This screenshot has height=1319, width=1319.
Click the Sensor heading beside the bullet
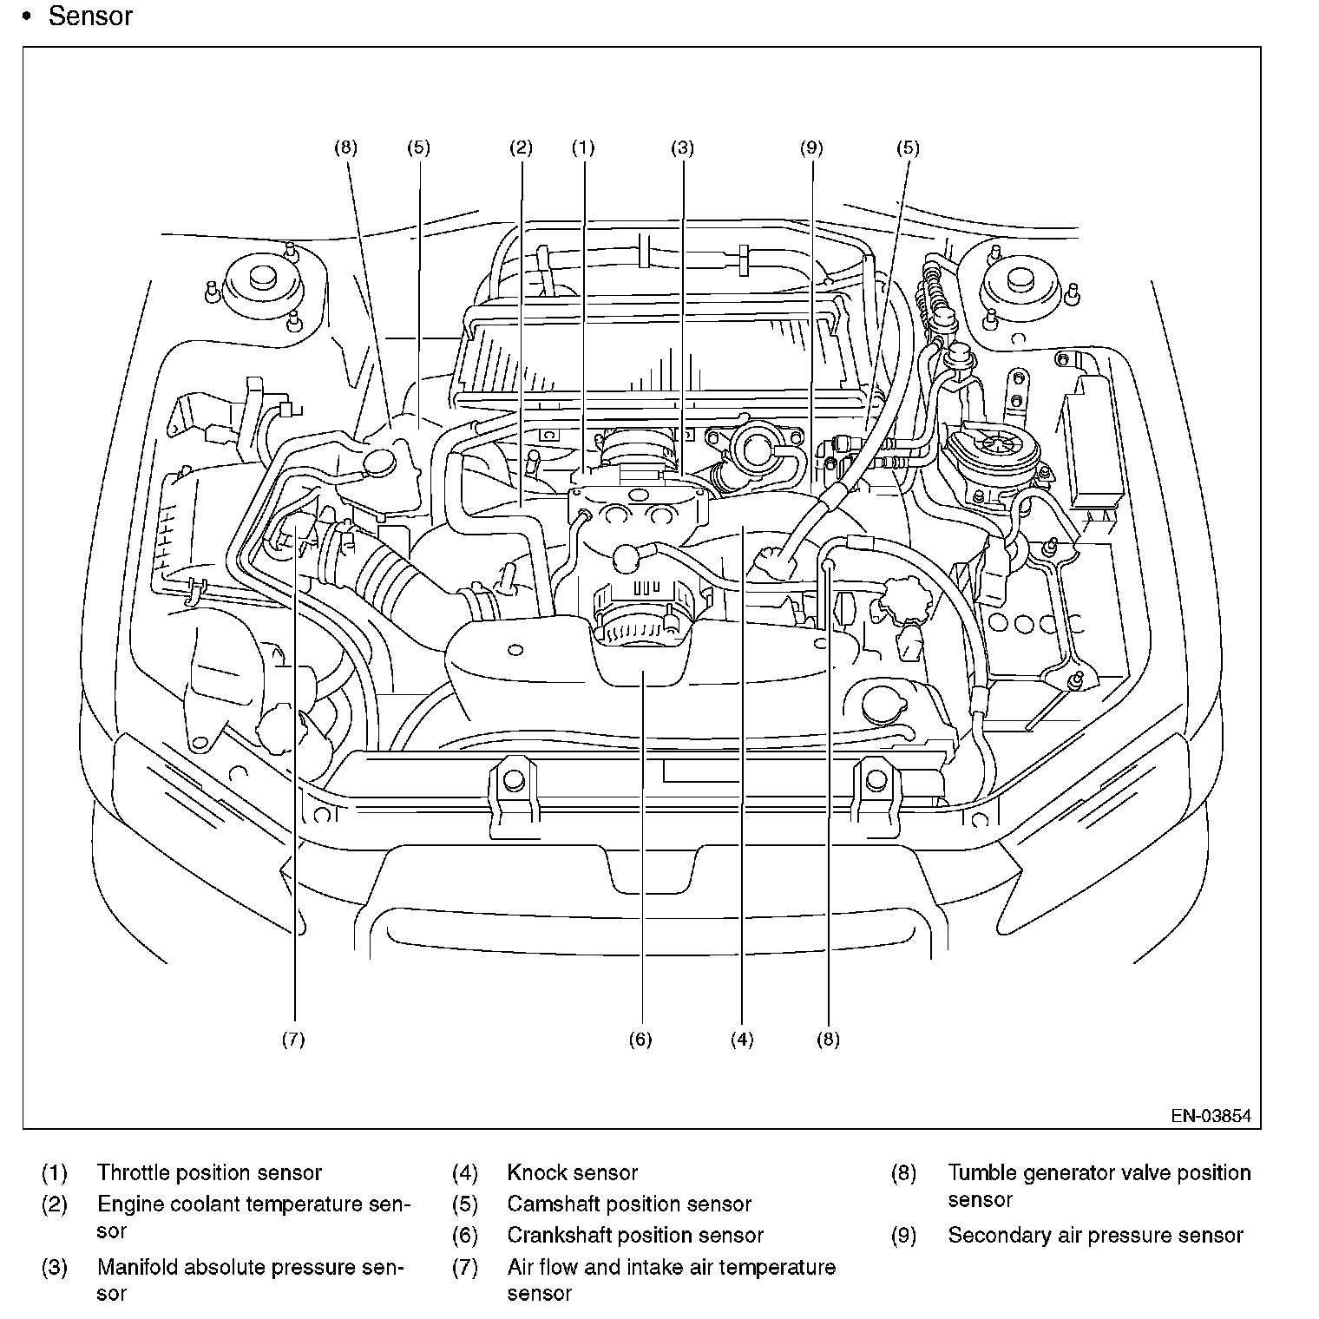click(x=90, y=16)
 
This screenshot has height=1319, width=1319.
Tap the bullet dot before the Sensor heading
click(x=26, y=16)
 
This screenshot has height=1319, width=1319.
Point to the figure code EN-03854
click(x=1211, y=1116)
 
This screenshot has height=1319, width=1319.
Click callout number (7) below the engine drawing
click(x=293, y=1040)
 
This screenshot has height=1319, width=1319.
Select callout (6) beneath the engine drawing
click(x=640, y=1040)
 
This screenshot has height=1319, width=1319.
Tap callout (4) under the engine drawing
click(x=742, y=1040)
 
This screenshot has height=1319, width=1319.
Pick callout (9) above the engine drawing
click(x=811, y=148)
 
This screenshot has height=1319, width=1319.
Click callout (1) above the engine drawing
click(x=583, y=148)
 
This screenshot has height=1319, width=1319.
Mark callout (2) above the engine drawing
click(x=521, y=148)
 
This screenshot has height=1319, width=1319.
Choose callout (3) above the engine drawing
click(x=682, y=148)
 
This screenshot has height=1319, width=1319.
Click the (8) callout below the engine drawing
click(x=828, y=1040)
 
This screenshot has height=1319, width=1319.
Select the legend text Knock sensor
click(x=573, y=1173)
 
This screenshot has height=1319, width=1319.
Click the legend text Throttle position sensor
click(x=209, y=1173)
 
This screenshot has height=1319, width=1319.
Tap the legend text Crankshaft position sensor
click(x=635, y=1236)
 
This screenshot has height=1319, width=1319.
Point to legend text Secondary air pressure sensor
click(x=1096, y=1236)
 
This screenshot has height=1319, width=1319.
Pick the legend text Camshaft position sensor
click(x=629, y=1204)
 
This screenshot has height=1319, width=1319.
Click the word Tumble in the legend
click(x=982, y=1173)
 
